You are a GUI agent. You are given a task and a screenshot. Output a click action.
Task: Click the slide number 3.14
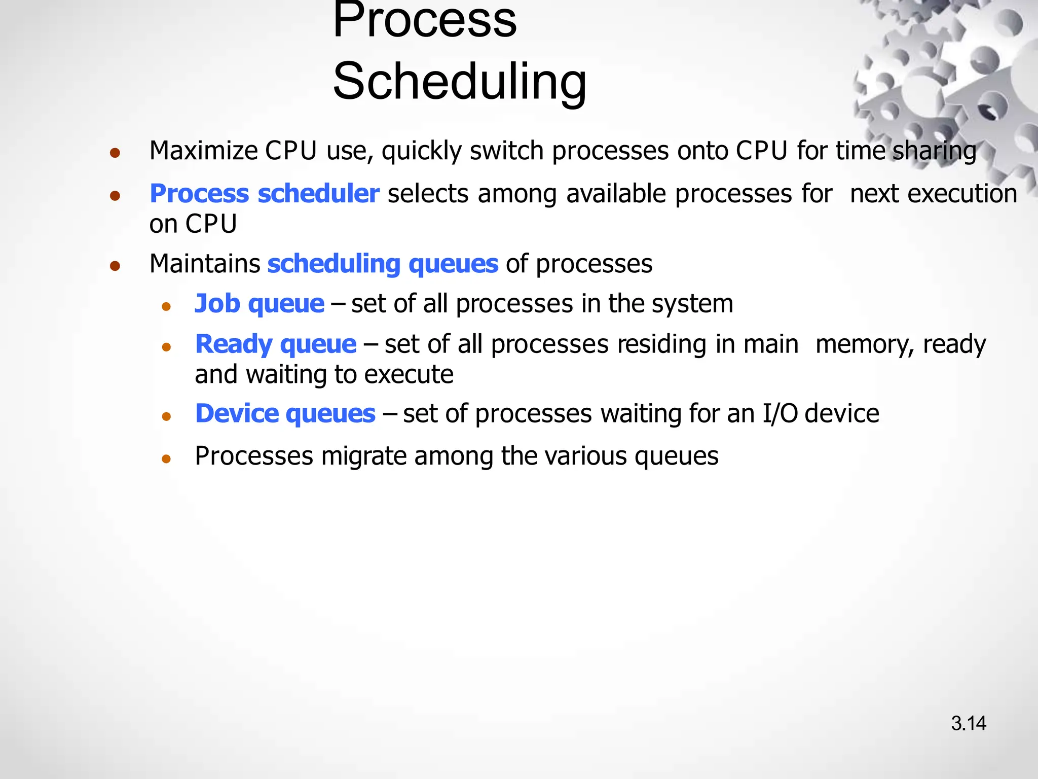pyautogui.click(x=968, y=723)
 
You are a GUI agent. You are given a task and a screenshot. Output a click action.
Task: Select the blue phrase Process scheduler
pyautogui.click(x=264, y=194)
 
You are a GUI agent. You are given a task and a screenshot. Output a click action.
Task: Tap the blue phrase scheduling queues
pyautogui.click(x=383, y=264)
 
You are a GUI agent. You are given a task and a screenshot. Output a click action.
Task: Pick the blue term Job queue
pyautogui.click(x=259, y=303)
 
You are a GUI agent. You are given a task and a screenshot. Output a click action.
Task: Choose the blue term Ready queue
pyautogui.click(x=276, y=344)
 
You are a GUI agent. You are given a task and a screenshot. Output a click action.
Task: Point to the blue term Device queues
pyautogui.click(x=285, y=413)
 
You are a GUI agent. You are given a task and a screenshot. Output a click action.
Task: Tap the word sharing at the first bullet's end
pyautogui.click(x=934, y=152)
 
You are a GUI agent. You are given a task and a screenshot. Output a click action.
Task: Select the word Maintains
pyautogui.click(x=205, y=264)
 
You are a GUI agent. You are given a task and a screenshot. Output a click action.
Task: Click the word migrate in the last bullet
pyautogui.click(x=363, y=456)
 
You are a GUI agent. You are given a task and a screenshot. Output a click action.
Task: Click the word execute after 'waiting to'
pyautogui.click(x=409, y=374)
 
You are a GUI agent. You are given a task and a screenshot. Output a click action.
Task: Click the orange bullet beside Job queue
pyautogui.click(x=166, y=306)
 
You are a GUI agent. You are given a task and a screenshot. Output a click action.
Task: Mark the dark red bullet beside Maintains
pyautogui.click(x=115, y=266)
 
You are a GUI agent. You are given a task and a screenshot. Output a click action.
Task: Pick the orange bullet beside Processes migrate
pyautogui.click(x=166, y=459)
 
